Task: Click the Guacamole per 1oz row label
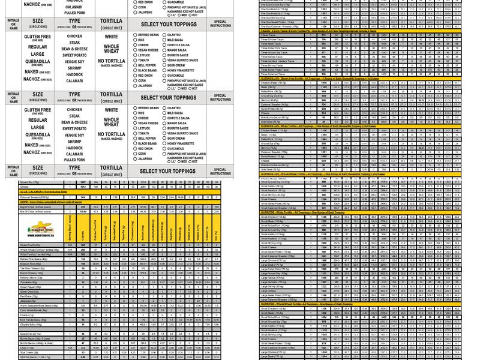(29, 332)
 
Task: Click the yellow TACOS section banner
(312, 30)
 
